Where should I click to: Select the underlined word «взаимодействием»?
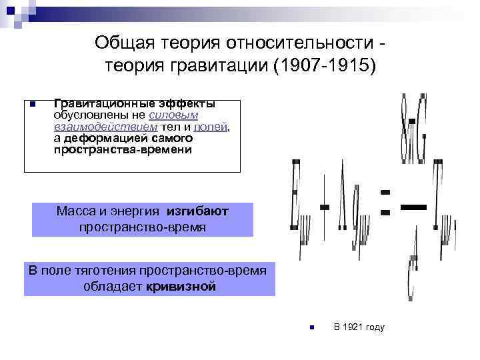click(105, 127)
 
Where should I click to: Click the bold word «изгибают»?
click(197, 211)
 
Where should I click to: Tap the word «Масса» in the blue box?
click(75, 211)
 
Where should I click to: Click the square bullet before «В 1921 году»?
click(311, 327)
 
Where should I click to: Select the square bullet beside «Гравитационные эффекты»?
click(31, 104)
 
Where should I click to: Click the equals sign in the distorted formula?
click(385, 202)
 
